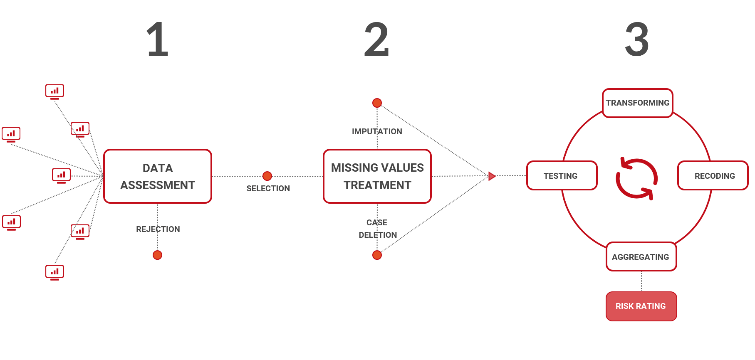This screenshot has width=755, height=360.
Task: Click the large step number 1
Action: pos(158,40)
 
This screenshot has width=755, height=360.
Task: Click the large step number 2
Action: pos(376,40)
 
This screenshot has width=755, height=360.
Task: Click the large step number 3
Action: pos(637,40)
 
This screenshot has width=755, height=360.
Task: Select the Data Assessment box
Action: pos(158,176)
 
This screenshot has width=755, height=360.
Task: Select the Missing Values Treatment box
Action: pos(377,176)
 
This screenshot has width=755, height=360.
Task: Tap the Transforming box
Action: pos(637,103)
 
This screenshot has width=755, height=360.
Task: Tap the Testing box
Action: pos(562,176)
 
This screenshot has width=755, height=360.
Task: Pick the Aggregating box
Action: pos(641,257)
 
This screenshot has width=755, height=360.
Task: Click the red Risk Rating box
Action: pos(641,306)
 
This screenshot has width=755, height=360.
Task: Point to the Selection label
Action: pos(268,188)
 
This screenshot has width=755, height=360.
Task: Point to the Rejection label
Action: pos(158,229)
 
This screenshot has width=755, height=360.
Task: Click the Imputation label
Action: pos(377,131)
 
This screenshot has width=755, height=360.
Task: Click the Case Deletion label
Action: pos(377,229)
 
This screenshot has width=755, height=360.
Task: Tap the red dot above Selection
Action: pos(267,176)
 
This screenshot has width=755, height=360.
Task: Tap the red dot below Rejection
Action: pos(157,255)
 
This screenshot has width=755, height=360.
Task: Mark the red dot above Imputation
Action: pos(377,103)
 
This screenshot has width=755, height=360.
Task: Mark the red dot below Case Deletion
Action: pos(377,255)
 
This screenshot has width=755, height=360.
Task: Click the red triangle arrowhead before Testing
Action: pos(492,176)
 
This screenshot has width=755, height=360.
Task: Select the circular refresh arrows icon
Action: pos(636,178)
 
